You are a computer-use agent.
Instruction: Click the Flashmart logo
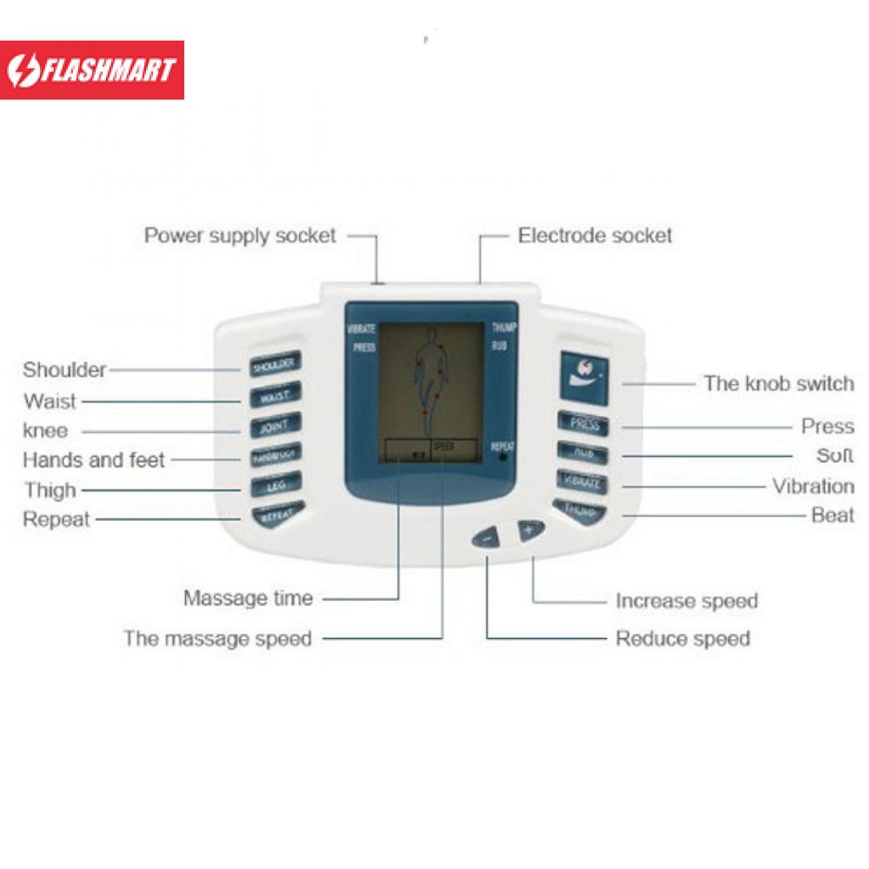pos(92,70)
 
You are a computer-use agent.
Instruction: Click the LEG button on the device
pos(275,487)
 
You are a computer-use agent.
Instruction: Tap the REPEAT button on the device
pos(275,514)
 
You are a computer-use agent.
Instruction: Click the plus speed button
pos(531,530)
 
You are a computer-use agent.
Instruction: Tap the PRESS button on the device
pos(584,423)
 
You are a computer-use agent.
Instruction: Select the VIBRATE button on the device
pos(583,482)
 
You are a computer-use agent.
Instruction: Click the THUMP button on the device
pos(581,511)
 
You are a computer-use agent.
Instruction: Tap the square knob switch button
pos(584,376)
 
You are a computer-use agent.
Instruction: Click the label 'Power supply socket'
pos(240,235)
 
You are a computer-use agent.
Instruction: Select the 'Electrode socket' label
pos(595,235)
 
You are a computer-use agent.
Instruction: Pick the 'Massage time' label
pos(248,598)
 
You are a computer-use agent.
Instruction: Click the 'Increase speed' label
pos(687,601)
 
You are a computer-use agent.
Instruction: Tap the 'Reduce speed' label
pos(683,638)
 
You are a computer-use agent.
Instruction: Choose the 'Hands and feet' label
pos(93,460)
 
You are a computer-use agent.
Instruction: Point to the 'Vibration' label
pos(813,486)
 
